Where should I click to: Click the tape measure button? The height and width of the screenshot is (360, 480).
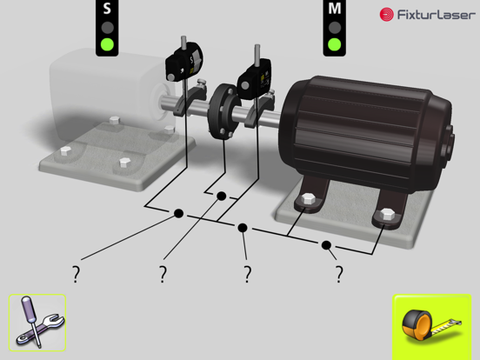pyautogui.click(x=431, y=326)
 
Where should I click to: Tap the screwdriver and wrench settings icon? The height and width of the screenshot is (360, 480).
pyautogui.click(x=37, y=323)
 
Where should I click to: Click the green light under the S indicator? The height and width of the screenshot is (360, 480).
pyautogui.click(x=107, y=44)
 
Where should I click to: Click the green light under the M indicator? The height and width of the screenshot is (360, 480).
pyautogui.click(x=334, y=44)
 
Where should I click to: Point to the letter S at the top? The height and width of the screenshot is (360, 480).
pyautogui.click(x=107, y=9)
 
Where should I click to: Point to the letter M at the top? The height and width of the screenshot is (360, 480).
pyautogui.click(x=334, y=8)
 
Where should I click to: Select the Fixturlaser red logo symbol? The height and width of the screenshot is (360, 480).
pyautogui.click(x=387, y=15)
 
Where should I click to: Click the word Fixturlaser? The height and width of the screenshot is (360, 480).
pyautogui.click(x=437, y=15)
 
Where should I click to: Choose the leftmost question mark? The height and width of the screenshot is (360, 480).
pyautogui.click(x=76, y=274)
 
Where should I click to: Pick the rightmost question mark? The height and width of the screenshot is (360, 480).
pyautogui.click(x=339, y=274)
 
